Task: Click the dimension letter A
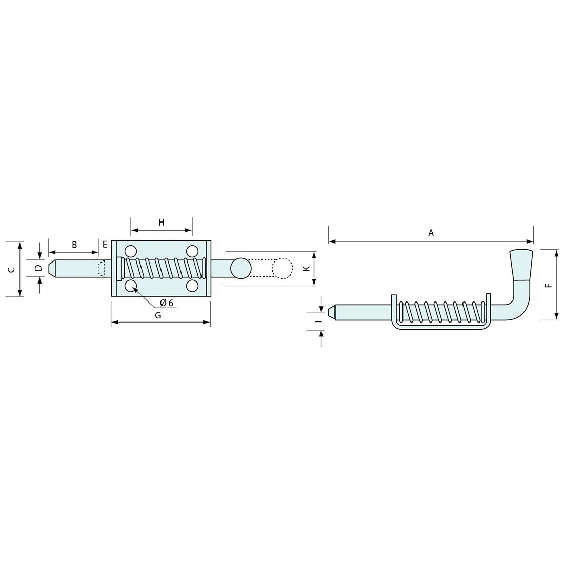click(431, 233)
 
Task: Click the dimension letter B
click(74, 245)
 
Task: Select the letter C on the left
click(12, 269)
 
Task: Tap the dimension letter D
click(39, 268)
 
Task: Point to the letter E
click(105, 245)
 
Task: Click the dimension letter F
click(548, 285)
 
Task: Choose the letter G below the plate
click(158, 315)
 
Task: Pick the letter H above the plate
click(162, 223)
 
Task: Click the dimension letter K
click(307, 268)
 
